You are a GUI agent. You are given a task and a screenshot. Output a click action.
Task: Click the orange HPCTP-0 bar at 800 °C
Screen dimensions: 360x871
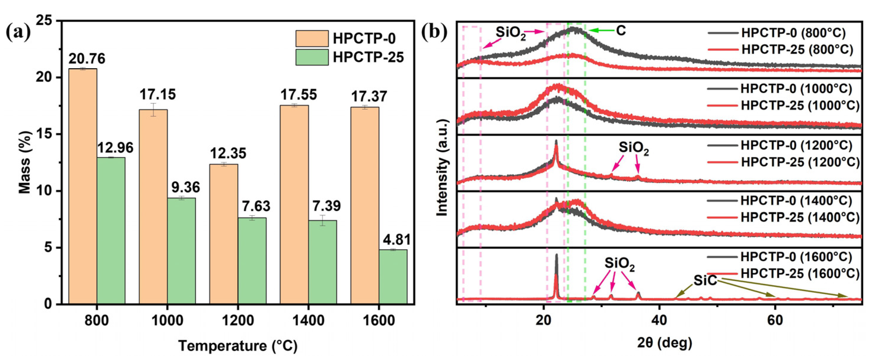[x=83, y=186]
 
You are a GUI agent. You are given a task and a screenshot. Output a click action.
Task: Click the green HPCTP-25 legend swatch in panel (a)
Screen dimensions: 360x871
[x=312, y=57]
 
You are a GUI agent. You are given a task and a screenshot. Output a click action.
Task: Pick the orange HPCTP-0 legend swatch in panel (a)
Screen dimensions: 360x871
[x=312, y=38]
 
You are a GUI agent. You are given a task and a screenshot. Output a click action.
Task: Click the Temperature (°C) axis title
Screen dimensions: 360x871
[x=238, y=346]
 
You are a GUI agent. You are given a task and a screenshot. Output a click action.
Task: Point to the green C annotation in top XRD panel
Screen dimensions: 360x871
[x=621, y=31]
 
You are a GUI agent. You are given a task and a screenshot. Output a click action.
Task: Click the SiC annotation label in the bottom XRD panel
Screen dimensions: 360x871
[x=705, y=280]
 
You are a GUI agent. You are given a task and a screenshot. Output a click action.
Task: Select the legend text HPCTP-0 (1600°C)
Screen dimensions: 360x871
[x=796, y=257]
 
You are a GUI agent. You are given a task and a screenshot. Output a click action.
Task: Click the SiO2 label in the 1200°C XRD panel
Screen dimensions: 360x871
[x=634, y=148]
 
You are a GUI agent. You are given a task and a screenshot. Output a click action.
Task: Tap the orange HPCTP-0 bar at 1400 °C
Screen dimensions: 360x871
[x=294, y=205]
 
